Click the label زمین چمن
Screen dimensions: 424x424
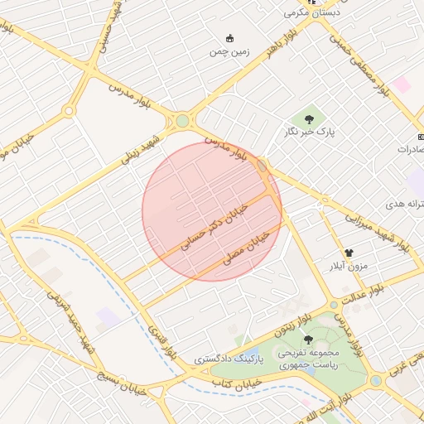click(229, 51)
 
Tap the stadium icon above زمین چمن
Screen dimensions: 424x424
click(229, 38)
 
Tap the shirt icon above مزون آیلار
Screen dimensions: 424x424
click(349, 253)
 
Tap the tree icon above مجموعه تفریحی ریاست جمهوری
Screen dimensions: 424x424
click(308, 340)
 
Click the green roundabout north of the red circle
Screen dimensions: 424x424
click(182, 123)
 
